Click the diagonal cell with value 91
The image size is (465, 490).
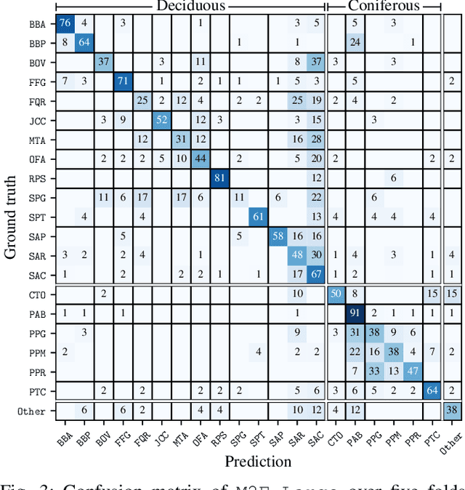click(x=355, y=312)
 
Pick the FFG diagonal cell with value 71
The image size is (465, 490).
click(x=123, y=80)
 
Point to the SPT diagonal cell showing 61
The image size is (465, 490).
click(x=257, y=215)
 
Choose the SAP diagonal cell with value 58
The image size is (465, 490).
click(x=277, y=235)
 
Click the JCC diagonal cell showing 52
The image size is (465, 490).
click(x=161, y=119)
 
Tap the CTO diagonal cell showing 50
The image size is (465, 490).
click(x=335, y=293)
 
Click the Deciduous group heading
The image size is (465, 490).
click(x=190, y=7)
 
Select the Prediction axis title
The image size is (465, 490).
click(x=258, y=461)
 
